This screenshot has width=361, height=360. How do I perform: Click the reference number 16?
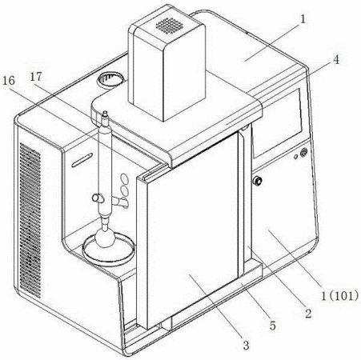(x=9, y=81)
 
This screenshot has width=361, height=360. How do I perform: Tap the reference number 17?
(x=36, y=77)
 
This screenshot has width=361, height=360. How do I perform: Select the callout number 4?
(x=337, y=60)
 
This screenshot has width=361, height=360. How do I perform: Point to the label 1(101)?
(x=339, y=296)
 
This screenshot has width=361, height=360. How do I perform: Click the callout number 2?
(x=308, y=314)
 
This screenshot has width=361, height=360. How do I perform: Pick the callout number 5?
(x=272, y=326)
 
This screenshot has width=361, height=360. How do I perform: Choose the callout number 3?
(x=246, y=345)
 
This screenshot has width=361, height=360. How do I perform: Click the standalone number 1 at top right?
(x=303, y=20)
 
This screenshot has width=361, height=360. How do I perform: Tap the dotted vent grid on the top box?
(x=170, y=26)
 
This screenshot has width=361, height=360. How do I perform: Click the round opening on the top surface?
(x=111, y=79)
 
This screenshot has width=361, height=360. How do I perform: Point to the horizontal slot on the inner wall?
(x=82, y=160)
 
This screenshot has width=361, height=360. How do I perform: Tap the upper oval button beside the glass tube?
(x=124, y=179)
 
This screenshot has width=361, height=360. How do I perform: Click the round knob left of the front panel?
(x=258, y=181)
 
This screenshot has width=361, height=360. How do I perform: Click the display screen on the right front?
(x=278, y=122)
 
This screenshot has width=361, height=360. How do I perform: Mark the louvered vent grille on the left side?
(x=30, y=220)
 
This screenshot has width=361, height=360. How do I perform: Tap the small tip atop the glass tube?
(x=105, y=114)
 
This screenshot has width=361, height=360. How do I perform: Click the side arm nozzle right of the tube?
(x=121, y=202)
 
